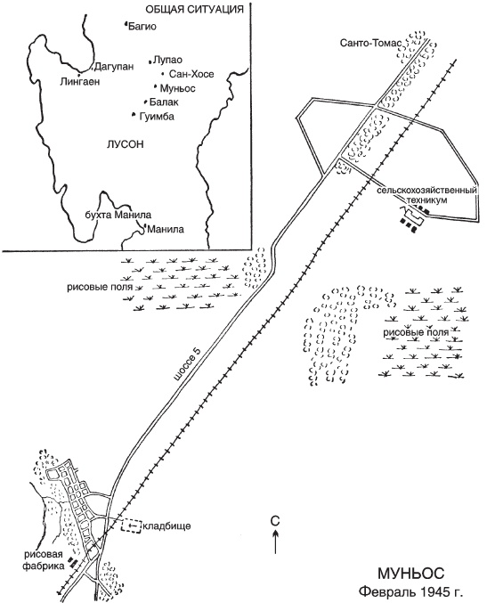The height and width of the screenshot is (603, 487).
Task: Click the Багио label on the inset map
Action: (x=142, y=27)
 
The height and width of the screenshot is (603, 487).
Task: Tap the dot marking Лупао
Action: (x=150, y=61)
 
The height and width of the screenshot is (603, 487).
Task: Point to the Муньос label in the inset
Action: (x=177, y=88)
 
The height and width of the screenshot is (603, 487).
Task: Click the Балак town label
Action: (x=164, y=102)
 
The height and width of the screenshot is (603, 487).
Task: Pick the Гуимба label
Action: (x=157, y=116)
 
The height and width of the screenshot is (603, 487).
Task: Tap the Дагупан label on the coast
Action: (x=115, y=67)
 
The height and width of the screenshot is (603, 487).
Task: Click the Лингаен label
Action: (x=79, y=82)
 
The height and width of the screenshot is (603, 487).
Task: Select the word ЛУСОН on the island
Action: (x=126, y=144)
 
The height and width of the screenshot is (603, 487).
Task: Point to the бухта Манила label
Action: (x=118, y=215)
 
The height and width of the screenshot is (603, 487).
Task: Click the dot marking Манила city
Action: (x=145, y=227)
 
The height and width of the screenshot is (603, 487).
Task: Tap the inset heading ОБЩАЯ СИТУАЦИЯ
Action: (x=194, y=10)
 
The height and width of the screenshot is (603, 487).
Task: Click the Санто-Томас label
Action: (x=370, y=43)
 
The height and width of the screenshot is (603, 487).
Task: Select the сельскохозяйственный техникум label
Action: (x=426, y=195)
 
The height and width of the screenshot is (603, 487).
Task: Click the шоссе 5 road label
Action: (x=187, y=366)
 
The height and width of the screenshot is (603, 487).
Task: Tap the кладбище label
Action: (x=166, y=526)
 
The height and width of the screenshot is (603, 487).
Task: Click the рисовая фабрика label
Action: (x=44, y=560)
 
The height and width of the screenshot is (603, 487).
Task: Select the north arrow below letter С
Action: (x=275, y=542)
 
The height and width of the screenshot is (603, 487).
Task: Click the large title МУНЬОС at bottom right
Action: (x=411, y=574)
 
